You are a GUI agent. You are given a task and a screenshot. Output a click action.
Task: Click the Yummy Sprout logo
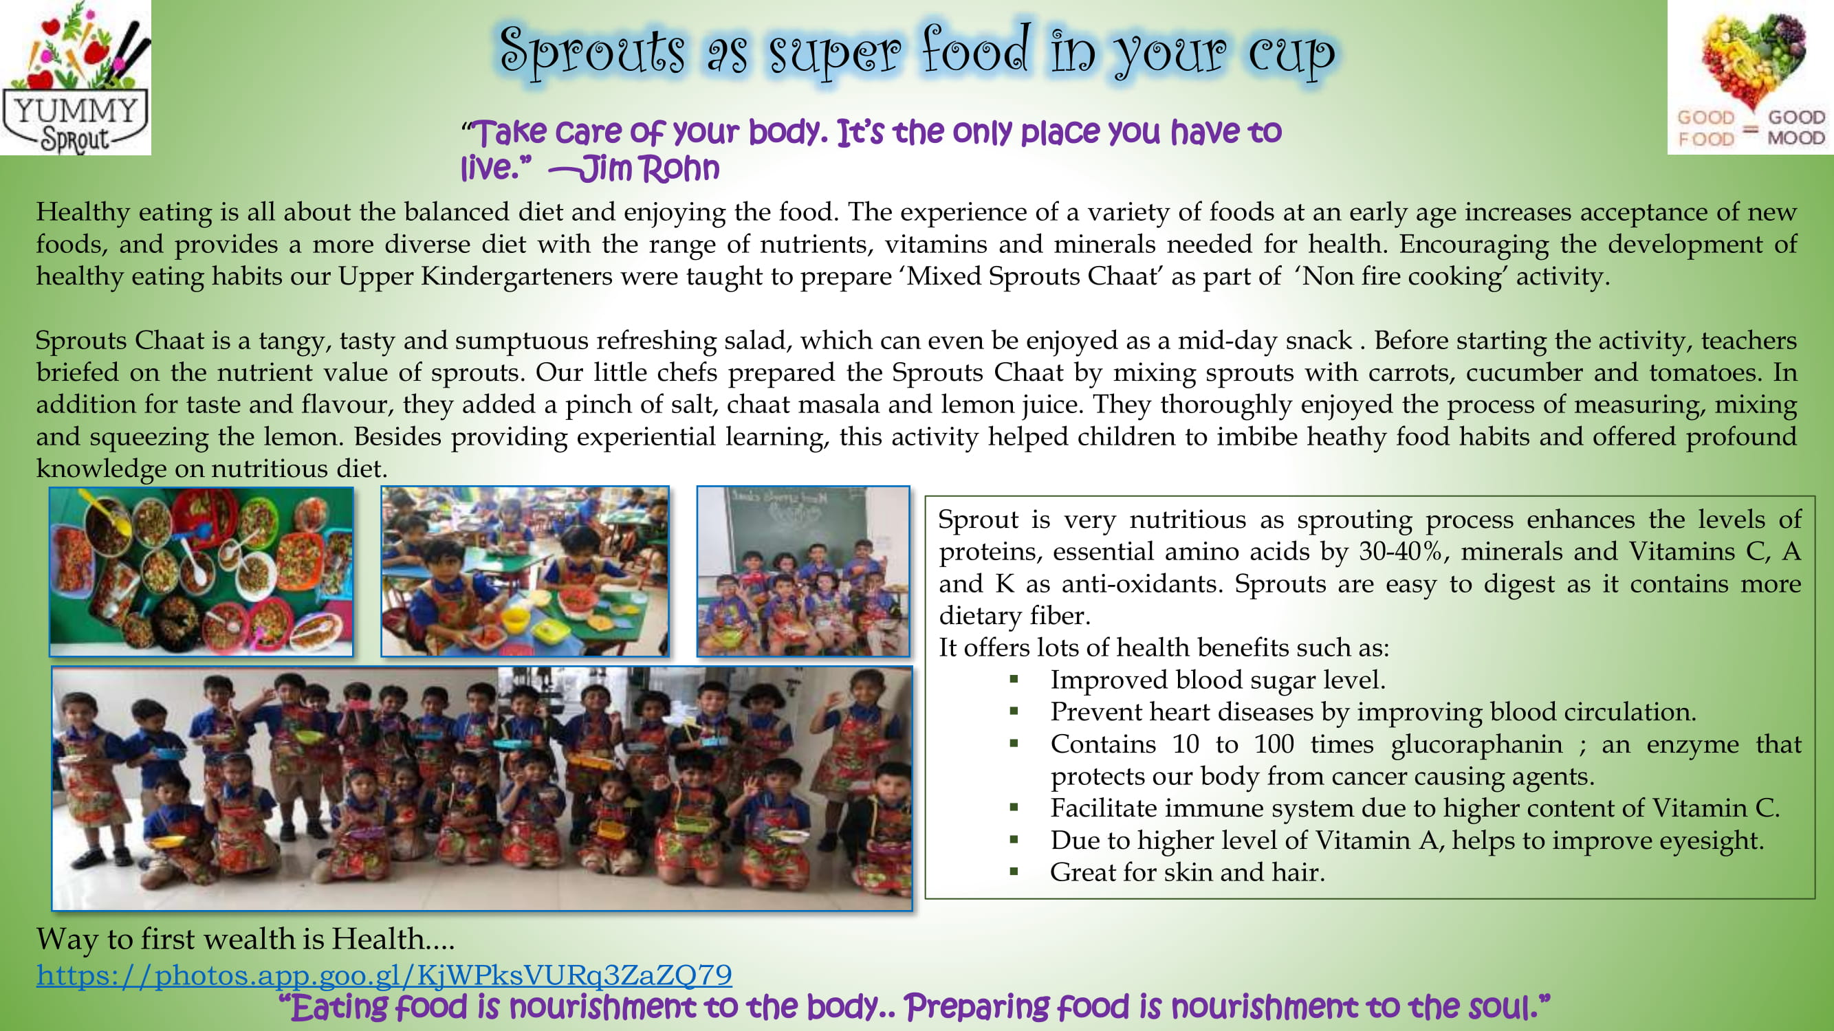click(x=76, y=78)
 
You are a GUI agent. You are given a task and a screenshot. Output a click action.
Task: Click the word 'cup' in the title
click(x=1291, y=54)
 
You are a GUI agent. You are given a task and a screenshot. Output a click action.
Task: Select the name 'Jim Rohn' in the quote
click(x=649, y=168)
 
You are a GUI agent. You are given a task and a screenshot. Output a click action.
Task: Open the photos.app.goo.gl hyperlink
click(x=384, y=974)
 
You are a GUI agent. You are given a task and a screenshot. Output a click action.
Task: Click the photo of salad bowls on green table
click(x=201, y=571)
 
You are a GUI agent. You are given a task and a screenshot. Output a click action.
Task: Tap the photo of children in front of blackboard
click(x=803, y=571)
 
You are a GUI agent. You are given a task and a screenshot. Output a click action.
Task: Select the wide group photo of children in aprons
click(x=482, y=788)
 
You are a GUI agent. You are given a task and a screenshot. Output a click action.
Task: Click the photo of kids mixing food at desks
click(x=525, y=571)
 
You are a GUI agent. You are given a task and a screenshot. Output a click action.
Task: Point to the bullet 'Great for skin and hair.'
click(x=1188, y=872)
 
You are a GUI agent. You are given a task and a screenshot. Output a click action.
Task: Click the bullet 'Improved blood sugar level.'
click(x=1217, y=680)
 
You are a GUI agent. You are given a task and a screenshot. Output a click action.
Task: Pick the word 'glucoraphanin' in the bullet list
click(x=1476, y=744)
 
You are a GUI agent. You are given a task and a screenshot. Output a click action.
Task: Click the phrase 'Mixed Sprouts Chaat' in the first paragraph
click(x=1032, y=276)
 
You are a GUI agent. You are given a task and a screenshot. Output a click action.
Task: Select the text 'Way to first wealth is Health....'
click(x=245, y=939)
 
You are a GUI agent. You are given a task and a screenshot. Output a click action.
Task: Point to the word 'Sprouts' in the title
click(x=592, y=52)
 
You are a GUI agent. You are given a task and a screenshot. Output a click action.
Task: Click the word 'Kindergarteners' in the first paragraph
click(x=516, y=276)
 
